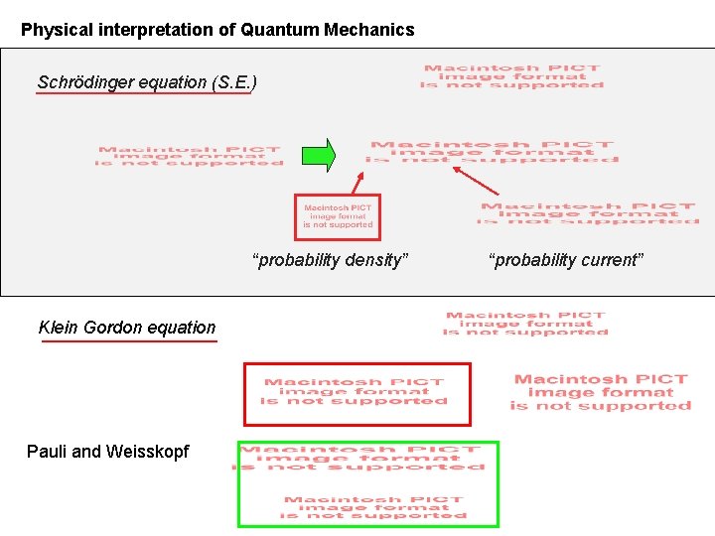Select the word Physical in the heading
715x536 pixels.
58,30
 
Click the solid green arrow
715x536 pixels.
319,155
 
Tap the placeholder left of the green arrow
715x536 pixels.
189,156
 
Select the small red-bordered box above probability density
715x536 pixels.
338,217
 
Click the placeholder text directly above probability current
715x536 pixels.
589,213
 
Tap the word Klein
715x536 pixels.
58,328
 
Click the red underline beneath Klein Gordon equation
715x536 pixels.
129,341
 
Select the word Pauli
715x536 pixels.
47,452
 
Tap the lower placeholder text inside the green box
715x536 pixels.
373,508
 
